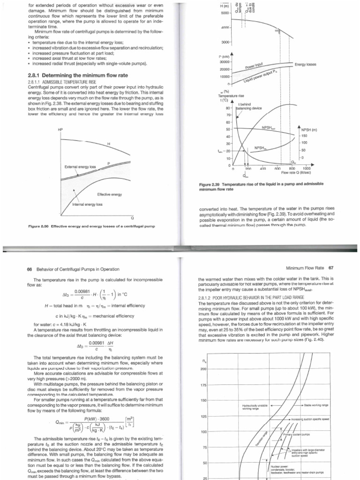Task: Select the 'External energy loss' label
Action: (80, 166)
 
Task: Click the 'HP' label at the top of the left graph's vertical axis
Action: (60, 129)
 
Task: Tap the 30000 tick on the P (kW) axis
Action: (224, 62)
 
